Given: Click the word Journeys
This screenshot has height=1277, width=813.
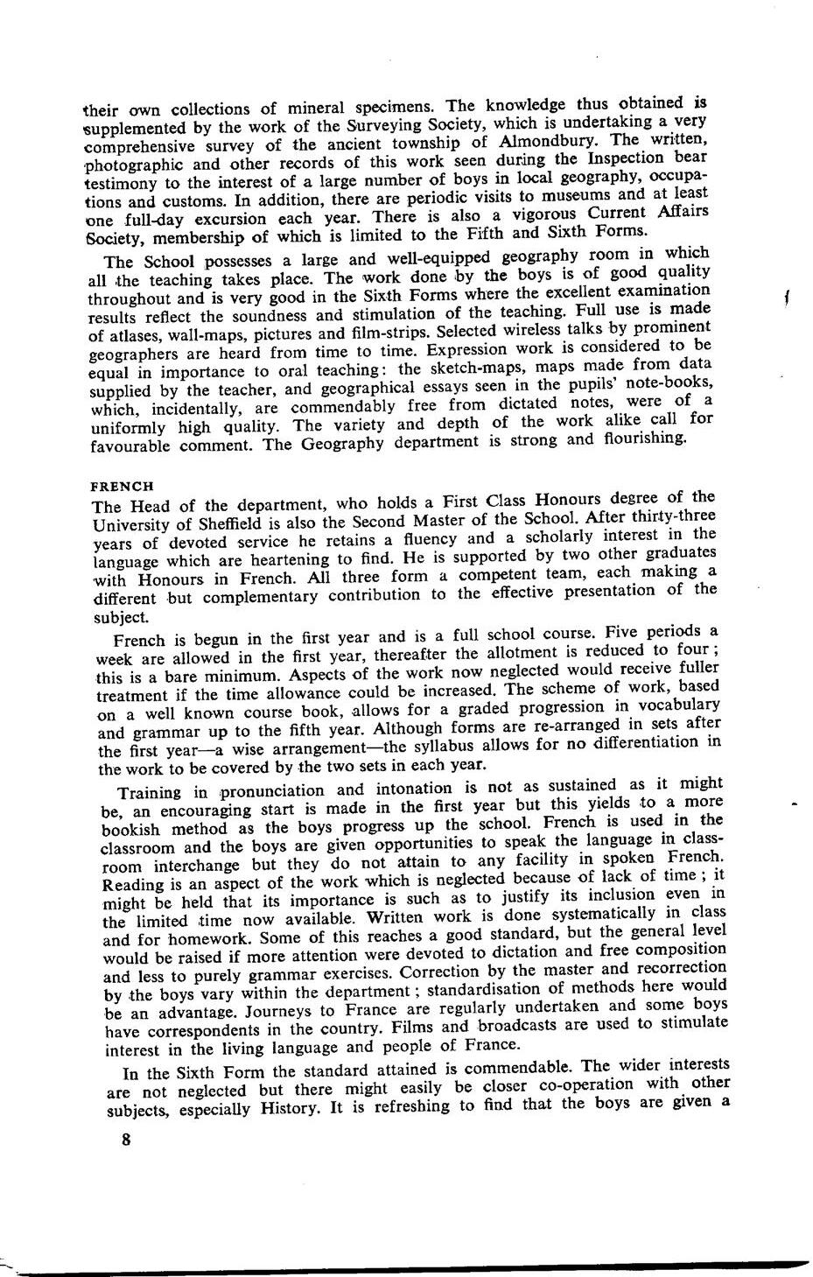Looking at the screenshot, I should coord(257,1010).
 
